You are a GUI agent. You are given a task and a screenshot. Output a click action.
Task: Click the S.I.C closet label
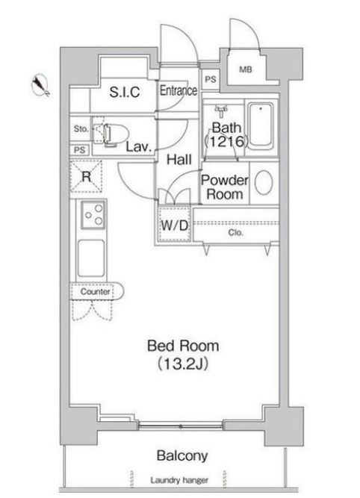click(x=125, y=92)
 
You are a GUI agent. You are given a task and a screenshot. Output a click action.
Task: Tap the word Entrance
click(x=179, y=90)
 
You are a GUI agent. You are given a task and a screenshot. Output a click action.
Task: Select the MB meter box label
click(x=245, y=69)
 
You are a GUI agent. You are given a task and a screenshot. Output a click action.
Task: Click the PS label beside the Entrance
click(x=211, y=79)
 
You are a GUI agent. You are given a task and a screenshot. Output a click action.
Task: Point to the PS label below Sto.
click(x=80, y=149)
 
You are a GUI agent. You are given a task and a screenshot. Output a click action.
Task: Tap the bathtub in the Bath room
click(x=261, y=126)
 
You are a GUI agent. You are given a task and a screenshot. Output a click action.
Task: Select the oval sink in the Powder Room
click(x=264, y=183)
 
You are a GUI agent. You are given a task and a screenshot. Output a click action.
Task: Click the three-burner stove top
click(x=93, y=215)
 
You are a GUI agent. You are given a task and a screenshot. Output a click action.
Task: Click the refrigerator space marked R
click(x=86, y=176)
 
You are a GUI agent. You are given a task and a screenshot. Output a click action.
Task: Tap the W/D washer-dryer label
click(x=175, y=225)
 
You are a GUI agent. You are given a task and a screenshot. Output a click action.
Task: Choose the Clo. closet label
click(x=235, y=233)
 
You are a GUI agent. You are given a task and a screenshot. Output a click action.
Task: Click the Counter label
click(x=95, y=292)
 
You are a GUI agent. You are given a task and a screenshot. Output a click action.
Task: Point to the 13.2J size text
click(x=183, y=364)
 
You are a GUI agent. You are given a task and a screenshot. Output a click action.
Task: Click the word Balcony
click(x=182, y=455)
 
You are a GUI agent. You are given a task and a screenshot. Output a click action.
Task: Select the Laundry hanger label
click(x=179, y=480)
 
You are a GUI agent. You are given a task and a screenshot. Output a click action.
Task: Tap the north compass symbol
click(x=40, y=85)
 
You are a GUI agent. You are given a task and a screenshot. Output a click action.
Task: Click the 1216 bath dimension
click(x=226, y=142)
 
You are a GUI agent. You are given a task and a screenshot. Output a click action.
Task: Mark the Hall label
click(x=179, y=160)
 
